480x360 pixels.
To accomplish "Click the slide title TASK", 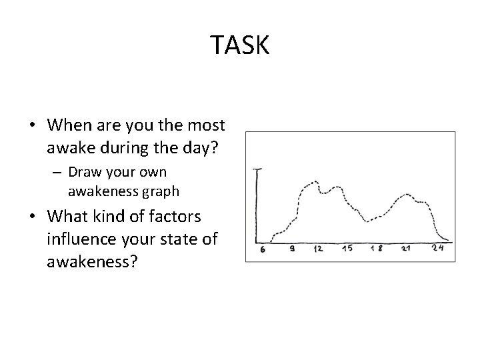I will tap(240, 45).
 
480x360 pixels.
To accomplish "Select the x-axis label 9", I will tap(292, 250).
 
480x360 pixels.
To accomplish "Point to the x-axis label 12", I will tap(319, 250).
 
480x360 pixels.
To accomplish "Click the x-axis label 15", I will tap(347, 250).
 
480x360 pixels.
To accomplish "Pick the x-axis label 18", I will tap(377, 250).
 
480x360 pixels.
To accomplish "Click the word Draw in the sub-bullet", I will tap(85, 172).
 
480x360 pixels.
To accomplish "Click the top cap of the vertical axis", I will tap(257, 169).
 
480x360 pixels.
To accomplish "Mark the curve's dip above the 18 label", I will tap(366, 220).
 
